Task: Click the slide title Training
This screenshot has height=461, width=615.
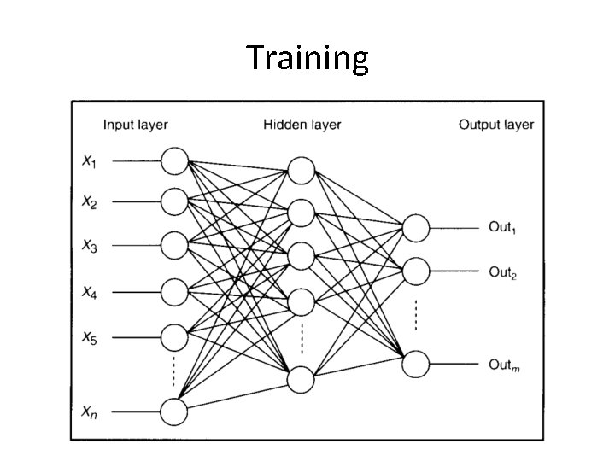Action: click(x=307, y=59)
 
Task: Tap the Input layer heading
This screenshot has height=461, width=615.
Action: click(x=135, y=125)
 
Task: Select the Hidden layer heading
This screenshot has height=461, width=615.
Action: click(x=302, y=125)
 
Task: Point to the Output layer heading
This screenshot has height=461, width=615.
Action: click(x=495, y=125)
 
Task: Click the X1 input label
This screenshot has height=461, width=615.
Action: click(x=89, y=160)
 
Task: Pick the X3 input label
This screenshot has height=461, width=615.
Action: click(x=89, y=247)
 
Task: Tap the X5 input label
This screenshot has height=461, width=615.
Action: click(x=89, y=337)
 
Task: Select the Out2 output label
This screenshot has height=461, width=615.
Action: click(x=503, y=272)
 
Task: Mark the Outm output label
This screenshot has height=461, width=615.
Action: click(x=503, y=365)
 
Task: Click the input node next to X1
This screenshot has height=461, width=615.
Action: click(x=174, y=160)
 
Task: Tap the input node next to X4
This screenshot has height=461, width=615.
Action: click(x=174, y=292)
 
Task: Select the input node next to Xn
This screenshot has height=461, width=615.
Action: click(x=174, y=411)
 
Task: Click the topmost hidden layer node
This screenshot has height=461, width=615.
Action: click(x=301, y=170)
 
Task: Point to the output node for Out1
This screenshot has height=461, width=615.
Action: click(x=416, y=227)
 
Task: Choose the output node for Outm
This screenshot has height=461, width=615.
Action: click(x=416, y=364)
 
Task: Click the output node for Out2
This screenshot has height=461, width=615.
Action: click(x=416, y=271)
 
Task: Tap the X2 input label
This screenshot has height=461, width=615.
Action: click(x=89, y=202)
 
